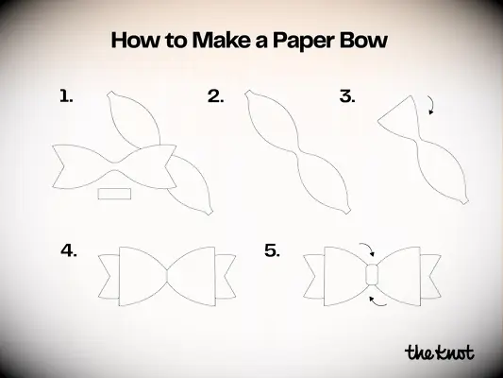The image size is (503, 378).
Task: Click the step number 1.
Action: [x=66, y=95]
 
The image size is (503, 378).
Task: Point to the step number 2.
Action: [x=215, y=95]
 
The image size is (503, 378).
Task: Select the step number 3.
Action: [x=346, y=95]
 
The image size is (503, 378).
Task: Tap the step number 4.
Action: [x=68, y=250]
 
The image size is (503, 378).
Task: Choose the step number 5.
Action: [x=272, y=250]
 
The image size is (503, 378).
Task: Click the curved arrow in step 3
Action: [x=431, y=105]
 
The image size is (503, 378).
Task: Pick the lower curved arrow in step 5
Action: [x=376, y=301]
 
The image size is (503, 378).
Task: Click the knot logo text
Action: [x=439, y=352]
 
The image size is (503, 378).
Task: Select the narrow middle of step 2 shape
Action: [x=300, y=151]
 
